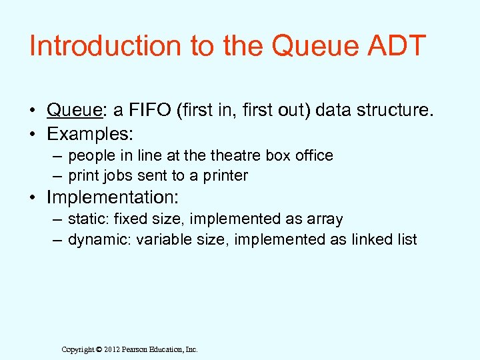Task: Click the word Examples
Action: click(90, 133)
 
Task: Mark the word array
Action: click(324, 219)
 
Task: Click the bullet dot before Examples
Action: click(32, 134)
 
